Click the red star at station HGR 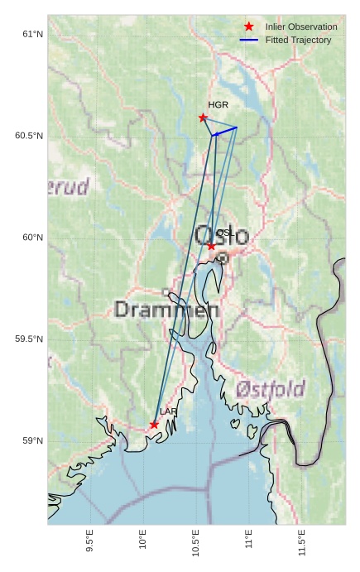point(203,118)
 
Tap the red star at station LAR point(154,425)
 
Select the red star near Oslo point(211,246)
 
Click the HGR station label point(218,105)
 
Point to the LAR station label point(168,411)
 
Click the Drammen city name point(166,310)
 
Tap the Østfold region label point(270,388)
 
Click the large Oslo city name point(221,236)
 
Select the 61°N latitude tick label point(31,34)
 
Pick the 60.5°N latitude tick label point(28,136)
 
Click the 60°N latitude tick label point(31,238)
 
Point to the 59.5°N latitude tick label point(28,339)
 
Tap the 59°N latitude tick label point(31,441)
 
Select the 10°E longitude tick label point(142,540)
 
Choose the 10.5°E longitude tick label point(195,542)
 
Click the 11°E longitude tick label point(248,540)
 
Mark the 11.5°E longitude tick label point(301,542)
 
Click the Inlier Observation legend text point(301,27)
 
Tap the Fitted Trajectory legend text point(298,40)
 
